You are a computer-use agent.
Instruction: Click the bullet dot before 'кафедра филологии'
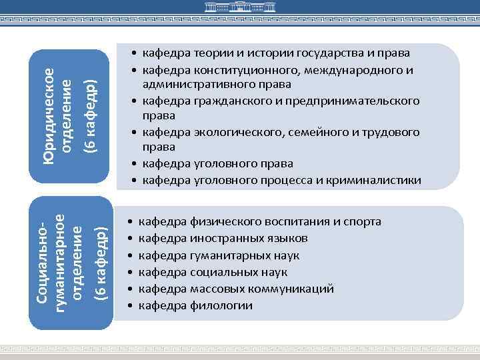(132, 306)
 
